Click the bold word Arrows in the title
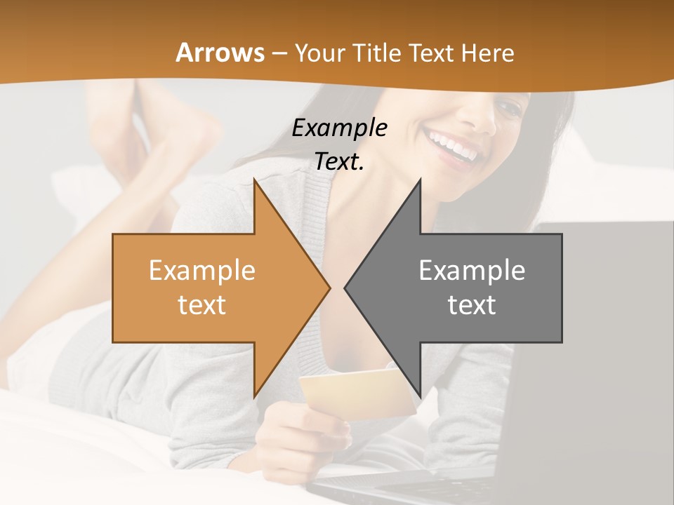click(x=220, y=53)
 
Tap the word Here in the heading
click(x=487, y=53)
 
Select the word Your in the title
click(x=320, y=53)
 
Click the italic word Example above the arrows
click(x=339, y=128)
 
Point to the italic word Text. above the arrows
click(x=339, y=161)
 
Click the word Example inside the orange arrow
click(x=201, y=271)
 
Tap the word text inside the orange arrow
click(x=201, y=305)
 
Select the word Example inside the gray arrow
click(x=472, y=271)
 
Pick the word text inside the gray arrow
click(x=472, y=305)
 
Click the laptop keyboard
click(x=393, y=487)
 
